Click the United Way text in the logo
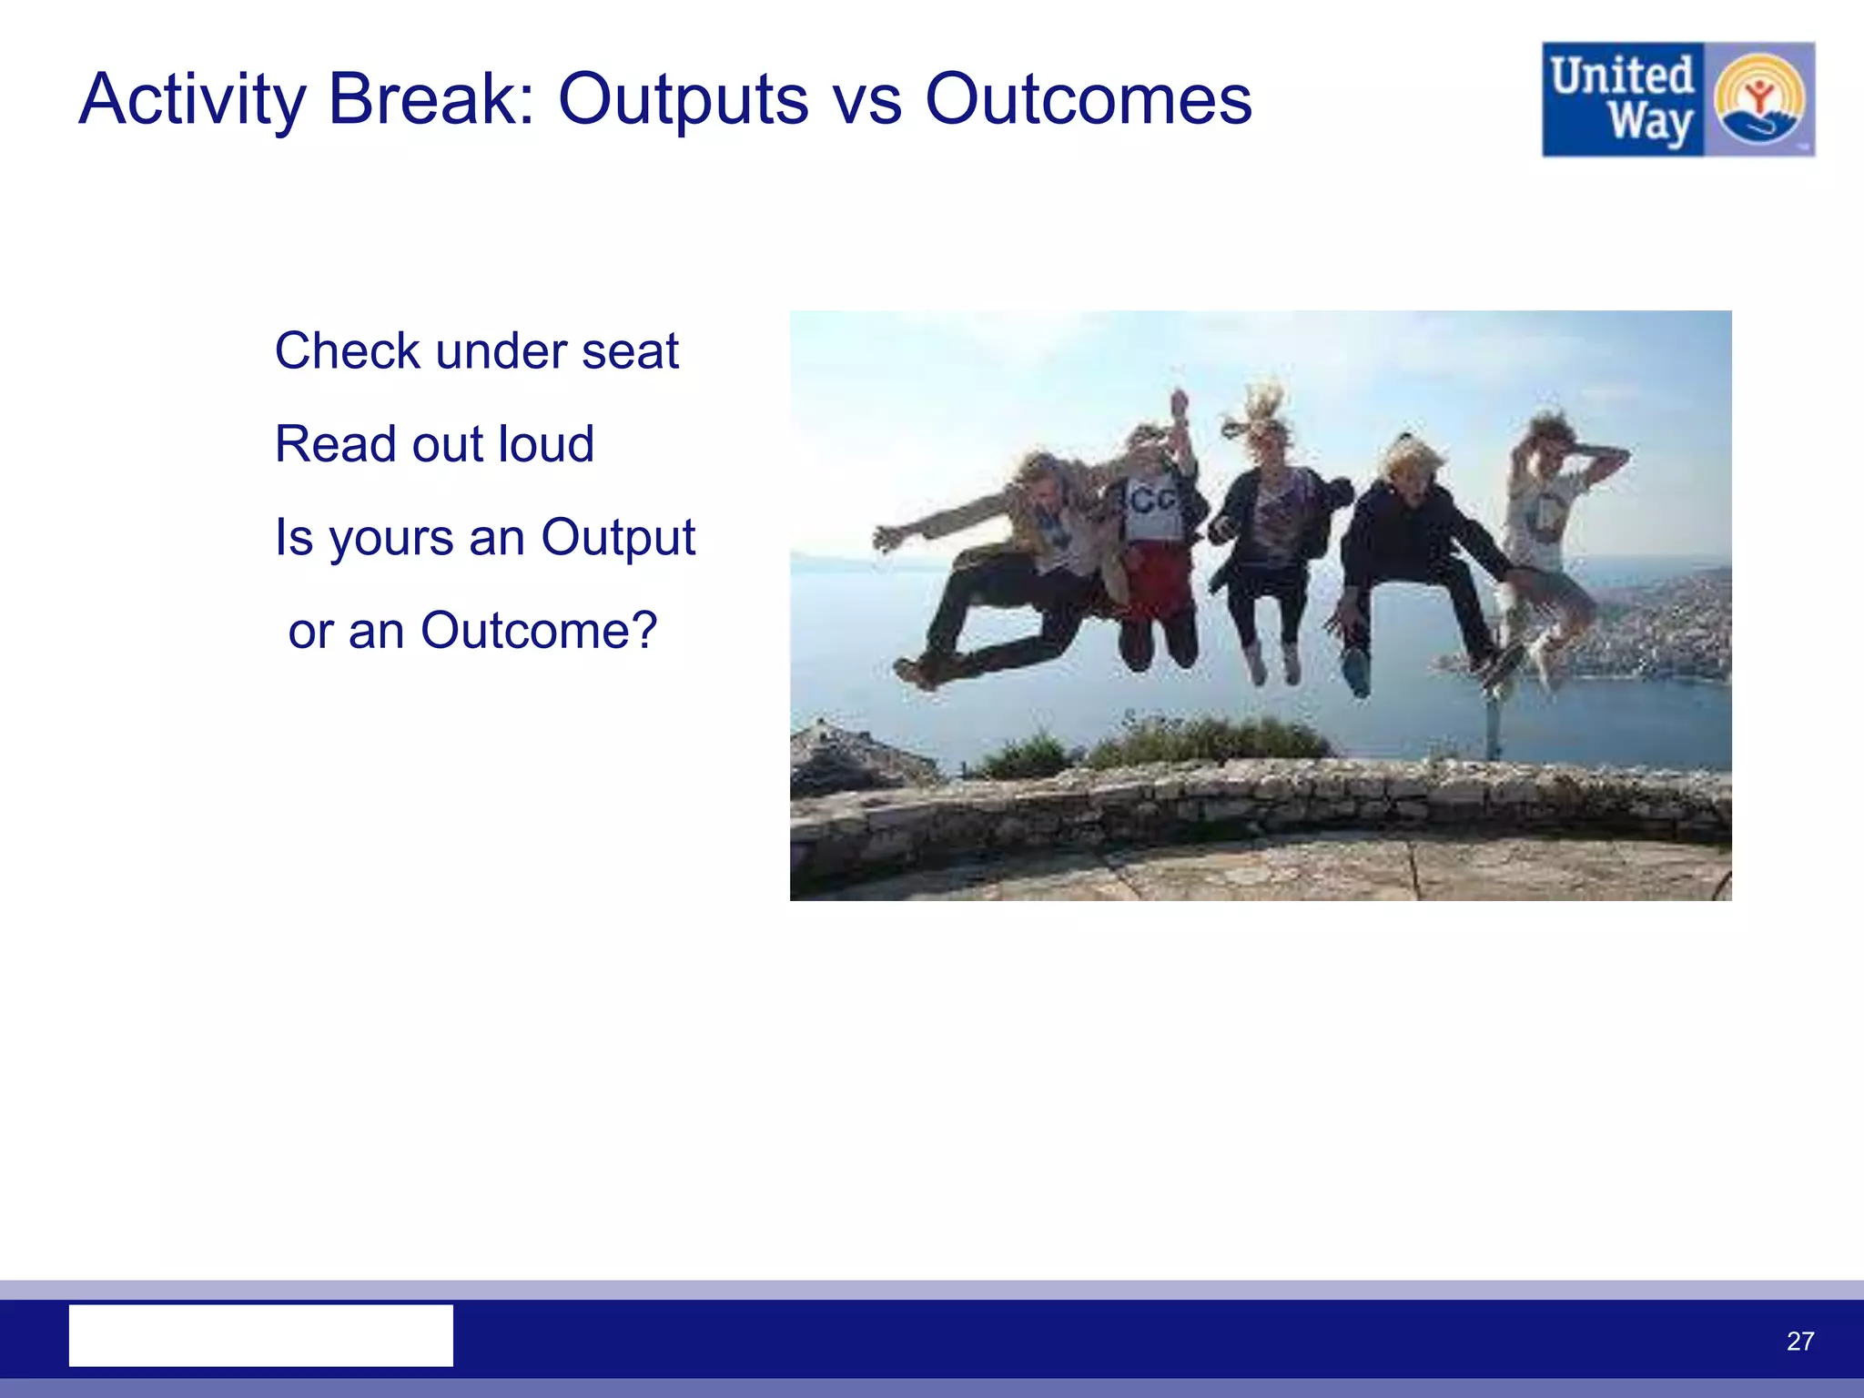click(x=1623, y=99)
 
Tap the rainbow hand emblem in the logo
click(x=1758, y=99)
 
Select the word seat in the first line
click(x=631, y=351)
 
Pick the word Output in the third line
click(x=618, y=538)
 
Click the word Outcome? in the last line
click(x=539, y=631)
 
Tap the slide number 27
click(x=1800, y=1341)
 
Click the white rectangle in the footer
click(x=261, y=1335)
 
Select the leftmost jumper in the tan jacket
click(x=1019, y=564)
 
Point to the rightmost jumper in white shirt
click(x=1547, y=528)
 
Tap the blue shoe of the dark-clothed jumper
click(x=1356, y=674)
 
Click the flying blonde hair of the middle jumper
click(x=1261, y=410)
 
